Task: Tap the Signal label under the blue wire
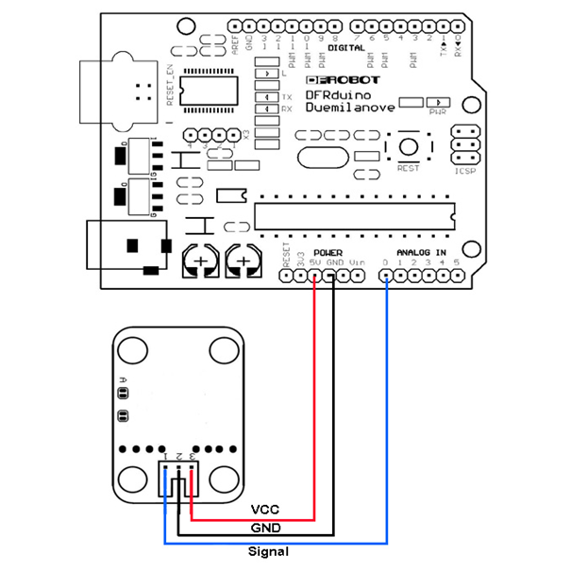pos(268,551)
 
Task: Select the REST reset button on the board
pos(408,147)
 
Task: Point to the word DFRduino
pos(336,95)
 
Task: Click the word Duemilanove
pos(350,110)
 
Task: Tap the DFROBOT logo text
pos(344,80)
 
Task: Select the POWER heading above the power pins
pos(327,253)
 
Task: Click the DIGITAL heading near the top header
pos(346,47)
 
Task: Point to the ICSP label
pos(464,172)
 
